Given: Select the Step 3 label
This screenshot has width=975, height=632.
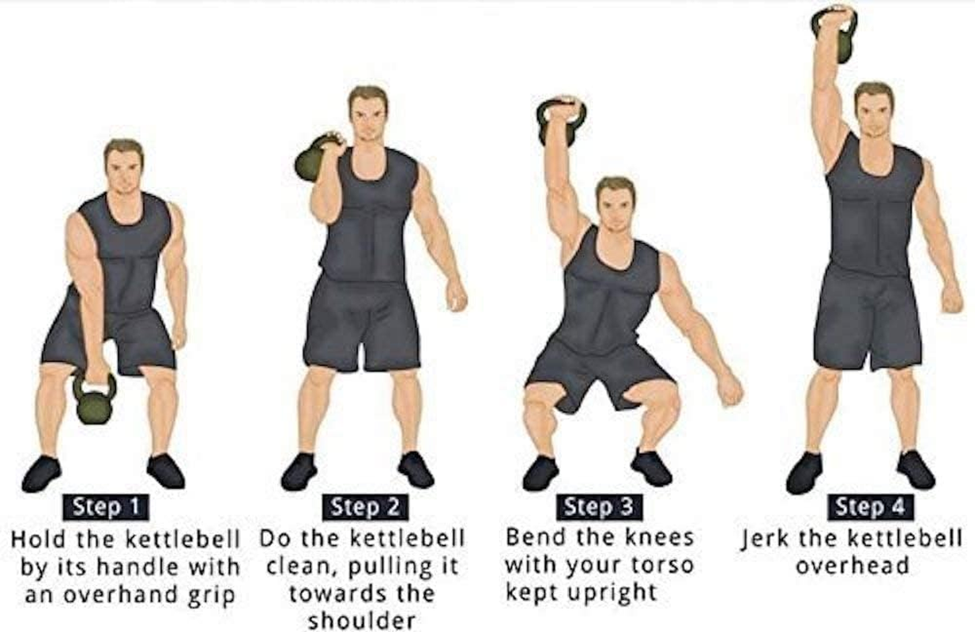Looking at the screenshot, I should coord(598,506).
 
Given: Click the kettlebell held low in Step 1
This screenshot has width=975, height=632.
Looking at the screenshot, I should coord(95,402).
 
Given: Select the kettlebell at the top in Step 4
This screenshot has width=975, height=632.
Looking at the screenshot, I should coord(834,32).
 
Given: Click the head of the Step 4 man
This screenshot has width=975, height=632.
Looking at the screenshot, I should coord(873,111).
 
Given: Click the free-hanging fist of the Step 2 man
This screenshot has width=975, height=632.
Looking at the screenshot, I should coord(457,297).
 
